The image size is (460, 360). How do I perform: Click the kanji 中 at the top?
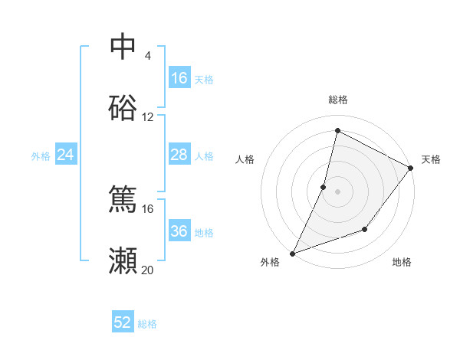tap(123, 47)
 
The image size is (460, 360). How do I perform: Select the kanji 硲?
tap(123, 109)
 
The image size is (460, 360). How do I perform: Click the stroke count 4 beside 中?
tap(148, 55)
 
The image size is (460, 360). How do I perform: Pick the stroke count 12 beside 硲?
tap(148, 117)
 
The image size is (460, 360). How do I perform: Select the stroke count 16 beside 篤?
tap(148, 208)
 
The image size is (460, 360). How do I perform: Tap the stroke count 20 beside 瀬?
tap(148, 270)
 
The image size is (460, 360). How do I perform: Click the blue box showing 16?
tap(179, 78)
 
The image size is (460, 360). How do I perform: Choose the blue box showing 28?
tap(179, 155)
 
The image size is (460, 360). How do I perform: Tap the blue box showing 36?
tap(179, 231)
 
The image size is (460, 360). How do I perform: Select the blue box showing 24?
tap(65, 155)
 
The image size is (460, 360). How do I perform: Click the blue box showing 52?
tap(123, 322)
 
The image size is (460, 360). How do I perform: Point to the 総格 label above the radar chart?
tap(338, 100)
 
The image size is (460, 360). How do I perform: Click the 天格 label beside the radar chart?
tap(431, 159)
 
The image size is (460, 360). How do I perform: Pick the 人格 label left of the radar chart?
tap(245, 159)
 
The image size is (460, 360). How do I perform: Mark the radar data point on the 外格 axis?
tap(292, 254)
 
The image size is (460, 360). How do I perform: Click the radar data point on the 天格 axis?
tap(411, 168)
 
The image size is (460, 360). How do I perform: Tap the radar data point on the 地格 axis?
tap(366, 229)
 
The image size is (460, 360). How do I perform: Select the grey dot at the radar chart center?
tap(338, 191)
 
